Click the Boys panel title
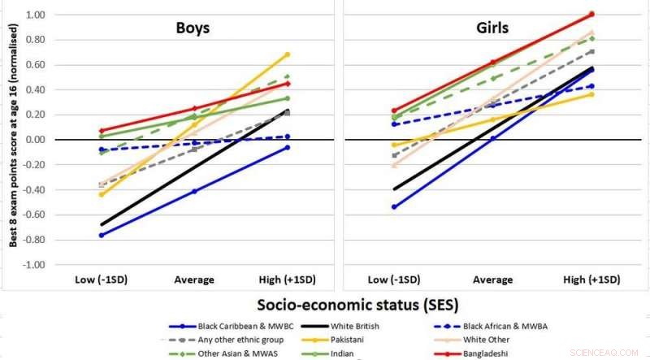(x=193, y=28)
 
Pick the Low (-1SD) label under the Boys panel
(x=100, y=279)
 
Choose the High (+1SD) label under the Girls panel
(x=591, y=279)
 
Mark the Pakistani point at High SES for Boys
(x=288, y=54)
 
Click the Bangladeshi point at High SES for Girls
(x=591, y=14)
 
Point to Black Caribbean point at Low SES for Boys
(x=101, y=235)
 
